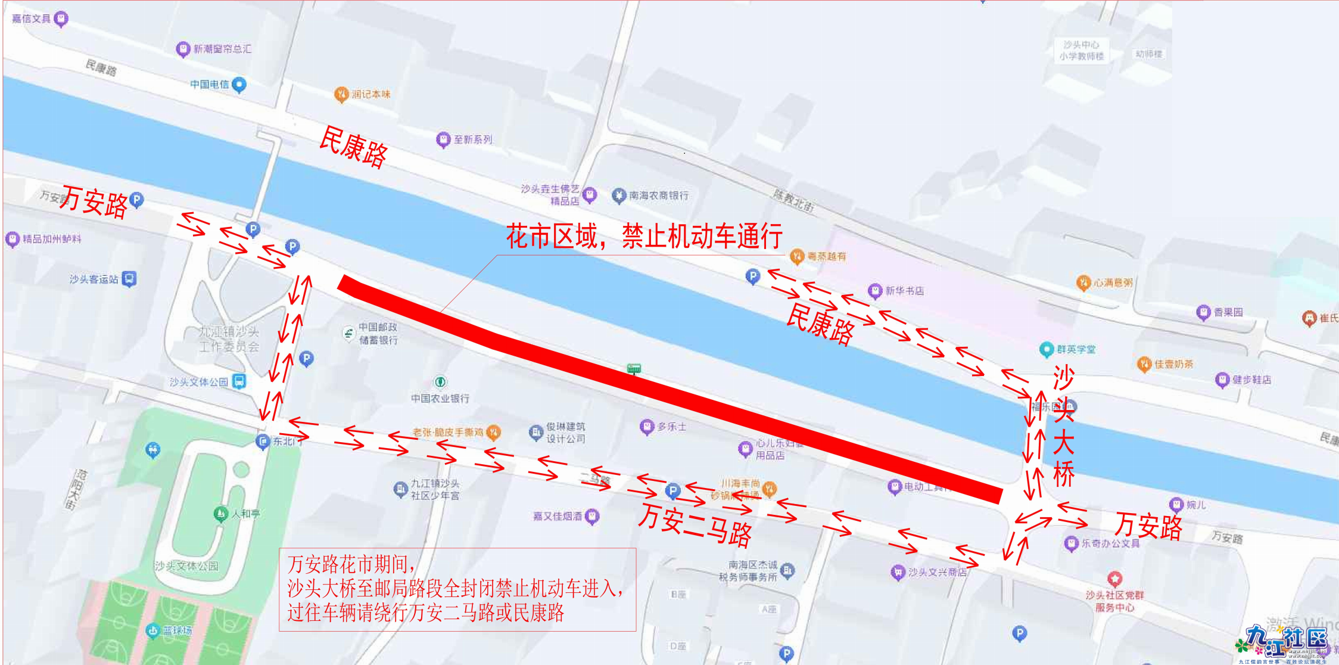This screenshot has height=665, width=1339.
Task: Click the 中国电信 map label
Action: click(x=210, y=85)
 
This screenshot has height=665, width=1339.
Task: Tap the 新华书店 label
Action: click(x=904, y=291)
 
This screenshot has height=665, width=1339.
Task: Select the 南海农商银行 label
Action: click(x=658, y=195)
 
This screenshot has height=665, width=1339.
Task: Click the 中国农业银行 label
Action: click(x=440, y=397)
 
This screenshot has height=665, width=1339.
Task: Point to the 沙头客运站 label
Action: click(x=94, y=279)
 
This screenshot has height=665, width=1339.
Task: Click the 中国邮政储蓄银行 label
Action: click(x=378, y=334)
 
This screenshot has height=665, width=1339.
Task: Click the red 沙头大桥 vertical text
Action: click(x=1064, y=427)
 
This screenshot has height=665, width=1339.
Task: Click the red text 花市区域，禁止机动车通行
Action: click(x=644, y=237)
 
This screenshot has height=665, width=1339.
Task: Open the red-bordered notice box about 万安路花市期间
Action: click(x=457, y=589)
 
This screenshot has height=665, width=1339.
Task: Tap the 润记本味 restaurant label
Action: click(x=370, y=94)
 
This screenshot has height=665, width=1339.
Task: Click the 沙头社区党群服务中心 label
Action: click(x=1114, y=601)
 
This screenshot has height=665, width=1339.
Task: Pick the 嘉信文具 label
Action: click(x=32, y=19)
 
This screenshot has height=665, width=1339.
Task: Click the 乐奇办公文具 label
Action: click(x=1110, y=543)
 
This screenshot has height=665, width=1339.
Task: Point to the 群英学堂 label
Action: click(x=1076, y=349)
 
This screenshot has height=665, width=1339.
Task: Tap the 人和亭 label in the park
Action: click(x=245, y=513)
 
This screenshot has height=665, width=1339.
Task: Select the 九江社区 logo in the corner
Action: click(x=1287, y=641)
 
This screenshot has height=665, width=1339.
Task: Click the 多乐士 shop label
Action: click(x=671, y=427)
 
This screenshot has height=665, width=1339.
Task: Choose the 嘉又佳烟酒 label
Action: click(x=558, y=516)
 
